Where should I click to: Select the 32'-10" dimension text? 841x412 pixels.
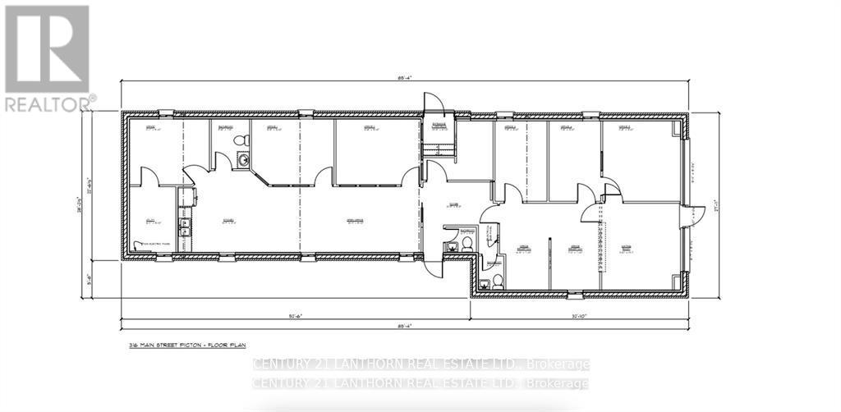(x=579, y=314)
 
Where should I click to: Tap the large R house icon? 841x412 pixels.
(x=47, y=48)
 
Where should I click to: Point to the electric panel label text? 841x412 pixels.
(x=156, y=244)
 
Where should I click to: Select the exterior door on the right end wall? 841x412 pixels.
(x=696, y=216)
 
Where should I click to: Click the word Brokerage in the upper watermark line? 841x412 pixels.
(x=558, y=364)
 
